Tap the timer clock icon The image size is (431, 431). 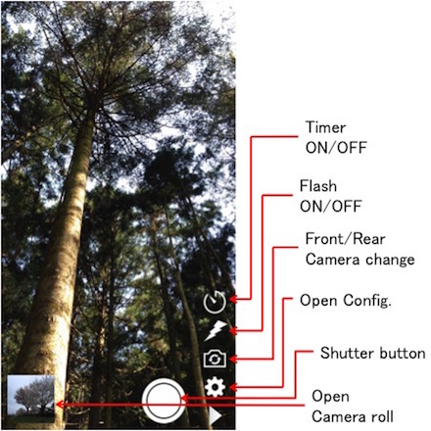tap(215, 302)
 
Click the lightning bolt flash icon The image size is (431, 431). tap(215, 330)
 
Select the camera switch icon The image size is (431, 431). tap(215, 359)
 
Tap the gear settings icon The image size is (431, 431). tap(215, 387)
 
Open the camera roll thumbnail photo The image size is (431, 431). tap(30, 399)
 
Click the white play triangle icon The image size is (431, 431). tap(215, 417)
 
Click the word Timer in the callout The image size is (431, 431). tap(325, 127)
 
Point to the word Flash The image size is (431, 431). tap(318, 186)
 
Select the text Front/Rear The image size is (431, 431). tap(345, 239)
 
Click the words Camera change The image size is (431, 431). tap(360, 260)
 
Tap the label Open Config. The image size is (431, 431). tap(346, 301)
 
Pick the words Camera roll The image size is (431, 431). tap(353, 417)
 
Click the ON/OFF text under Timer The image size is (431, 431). tap(336, 148)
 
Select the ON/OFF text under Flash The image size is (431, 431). tap(330, 207)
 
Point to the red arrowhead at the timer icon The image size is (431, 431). tap(232, 299)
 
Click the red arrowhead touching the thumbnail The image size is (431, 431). tap(60, 405)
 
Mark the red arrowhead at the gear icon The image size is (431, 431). tap(232, 387)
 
